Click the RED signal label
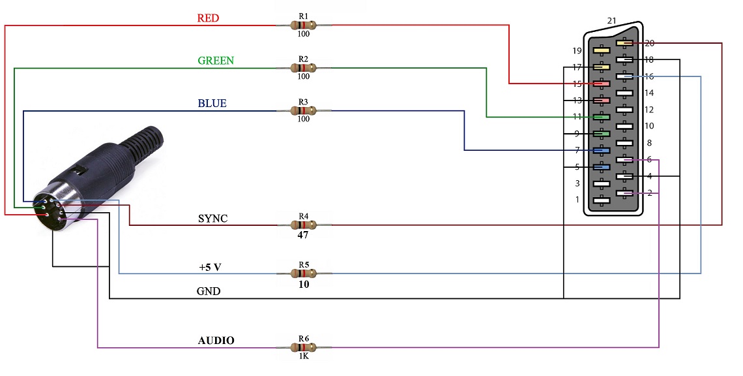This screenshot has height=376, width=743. click(x=208, y=18)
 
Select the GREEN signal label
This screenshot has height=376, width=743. click(x=216, y=61)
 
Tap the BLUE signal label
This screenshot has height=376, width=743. click(x=212, y=104)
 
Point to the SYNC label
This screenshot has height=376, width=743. click(x=213, y=219)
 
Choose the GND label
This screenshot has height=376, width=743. click(x=209, y=292)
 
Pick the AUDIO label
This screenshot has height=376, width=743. click(x=216, y=341)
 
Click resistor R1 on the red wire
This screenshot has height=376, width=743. click(x=303, y=25)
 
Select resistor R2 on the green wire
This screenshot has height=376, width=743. click(x=303, y=67)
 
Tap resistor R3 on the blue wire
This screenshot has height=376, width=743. click(x=303, y=110)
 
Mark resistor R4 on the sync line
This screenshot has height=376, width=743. click(x=303, y=225)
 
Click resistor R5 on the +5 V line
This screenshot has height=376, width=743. click(x=303, y=273)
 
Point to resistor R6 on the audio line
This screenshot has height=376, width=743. click(x=303, y=347)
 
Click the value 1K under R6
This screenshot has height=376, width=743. click(x=304, y=357)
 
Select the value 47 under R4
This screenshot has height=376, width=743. click(x=304, y=236)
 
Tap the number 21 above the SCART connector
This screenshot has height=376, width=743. click(x=612, y=21)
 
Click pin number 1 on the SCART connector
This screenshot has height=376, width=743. click(x=577, y=200)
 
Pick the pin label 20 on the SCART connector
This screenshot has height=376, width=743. click(x=649, y=43)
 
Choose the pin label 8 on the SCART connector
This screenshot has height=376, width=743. click(x=649, y=142)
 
